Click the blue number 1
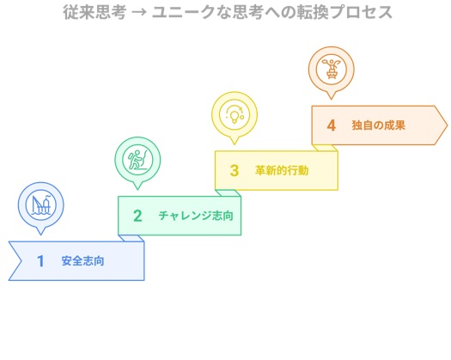pyautogui.click(x=40, y=261)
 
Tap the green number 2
pyautogui.click(x=137, y=216)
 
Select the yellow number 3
pyautogui.click(x=235, y=170)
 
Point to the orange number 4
pyautogui.click(x=332, y=125)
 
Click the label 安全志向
pyautogui.click(x=82, y=261)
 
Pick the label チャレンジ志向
pyautogui.click(x=196, y=216)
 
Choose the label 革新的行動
pyautogui.click(x=282, y=170)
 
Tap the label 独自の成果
pyautogui.click(x=379, y=125)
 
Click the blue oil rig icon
pyautogui.click(x=41, y=204)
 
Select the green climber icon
pyautogui.click(x=137, y=160)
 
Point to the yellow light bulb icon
pyautogui.click(x=235, y=114)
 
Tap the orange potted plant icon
pyautogui.click(x=332, y=69)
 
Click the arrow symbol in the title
pyautogui.click(x=139, y=13)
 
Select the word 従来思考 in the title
pyautogui.click(x=94, y=12)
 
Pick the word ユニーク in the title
pyautogui.click(x=184, y=12)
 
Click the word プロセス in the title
pyautogui.click(x=361, y=12)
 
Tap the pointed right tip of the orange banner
pyautogui.click(x=448, y=125)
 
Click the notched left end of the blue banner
pyautogui.click(x=21, y=261)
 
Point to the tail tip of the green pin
pyautogui.click(x=137, y=189)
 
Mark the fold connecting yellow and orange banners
pyautogui.click(x=325, y=148)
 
